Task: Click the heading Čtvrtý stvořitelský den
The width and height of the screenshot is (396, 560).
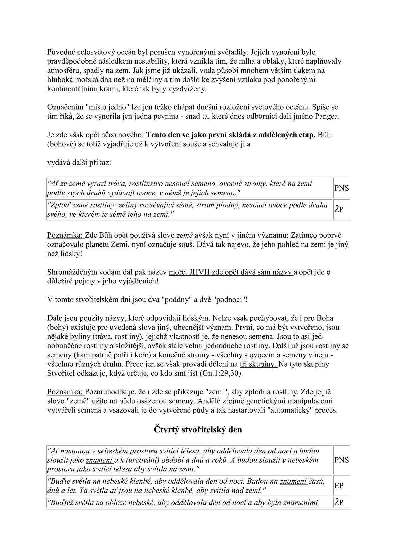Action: coord(198,429)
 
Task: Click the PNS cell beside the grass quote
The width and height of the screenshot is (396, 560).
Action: coord(342,188)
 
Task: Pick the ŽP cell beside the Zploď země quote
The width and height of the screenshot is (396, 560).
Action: coord(339,209)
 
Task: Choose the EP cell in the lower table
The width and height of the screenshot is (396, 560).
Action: coord(339,486)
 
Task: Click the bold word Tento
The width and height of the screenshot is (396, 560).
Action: coord(156,135)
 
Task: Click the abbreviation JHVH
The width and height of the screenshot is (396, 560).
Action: coord(198,272)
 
